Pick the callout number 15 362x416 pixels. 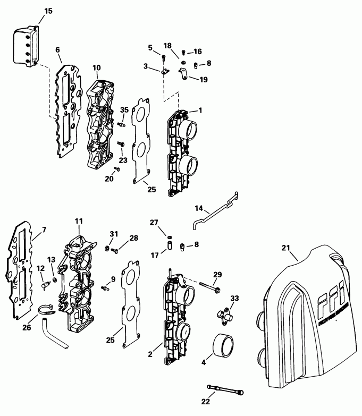[48, 11]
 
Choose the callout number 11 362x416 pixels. [78, 220]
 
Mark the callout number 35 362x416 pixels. [124, 109]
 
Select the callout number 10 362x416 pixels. [96, 67]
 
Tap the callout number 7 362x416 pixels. [44, 230]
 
